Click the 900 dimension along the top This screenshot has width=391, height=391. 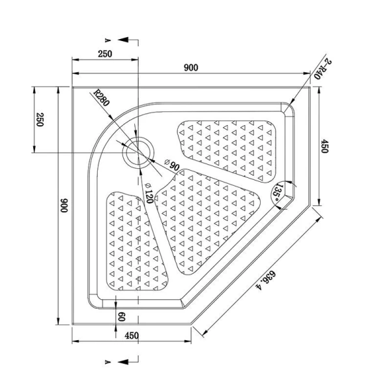point(191,68)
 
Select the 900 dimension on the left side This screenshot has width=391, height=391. point(64,205)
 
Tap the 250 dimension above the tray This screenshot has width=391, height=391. point(105,54)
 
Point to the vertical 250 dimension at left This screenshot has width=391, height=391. point(40,120)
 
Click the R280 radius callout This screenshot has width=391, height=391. point(101,98)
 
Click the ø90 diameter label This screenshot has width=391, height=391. point(172,165)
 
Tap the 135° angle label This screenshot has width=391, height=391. point(278,193)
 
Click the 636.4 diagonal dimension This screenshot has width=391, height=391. point(266,281)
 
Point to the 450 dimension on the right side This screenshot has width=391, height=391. point(325,146)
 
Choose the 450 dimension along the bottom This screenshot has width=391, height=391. point(132,336)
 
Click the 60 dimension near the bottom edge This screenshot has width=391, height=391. point(121,317)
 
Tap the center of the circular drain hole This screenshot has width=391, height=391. point(138,152)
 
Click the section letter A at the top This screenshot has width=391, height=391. point(108,40)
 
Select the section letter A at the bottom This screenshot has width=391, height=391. point(108,362)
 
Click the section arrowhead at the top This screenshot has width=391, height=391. point(123,40)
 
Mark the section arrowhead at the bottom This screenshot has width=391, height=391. point(123,362)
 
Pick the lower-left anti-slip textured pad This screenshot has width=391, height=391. point(136,241)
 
